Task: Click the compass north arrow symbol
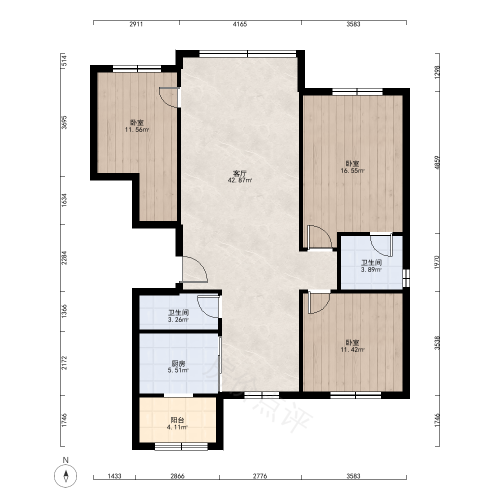65,476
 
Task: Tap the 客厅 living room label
240,173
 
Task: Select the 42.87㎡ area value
240,180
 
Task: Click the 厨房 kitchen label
178,363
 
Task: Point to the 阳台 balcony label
177,420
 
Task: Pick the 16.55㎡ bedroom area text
352,170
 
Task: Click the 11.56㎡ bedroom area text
137,130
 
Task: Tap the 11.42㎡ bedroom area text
352,349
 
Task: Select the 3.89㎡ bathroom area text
371,270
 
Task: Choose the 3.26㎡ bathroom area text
178,319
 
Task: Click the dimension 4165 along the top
240,24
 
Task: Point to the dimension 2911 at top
136,24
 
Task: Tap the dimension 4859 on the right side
437,162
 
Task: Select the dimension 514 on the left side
64,60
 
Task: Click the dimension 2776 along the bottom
260,476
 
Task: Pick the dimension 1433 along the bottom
114,476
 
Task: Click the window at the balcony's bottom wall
181,446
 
